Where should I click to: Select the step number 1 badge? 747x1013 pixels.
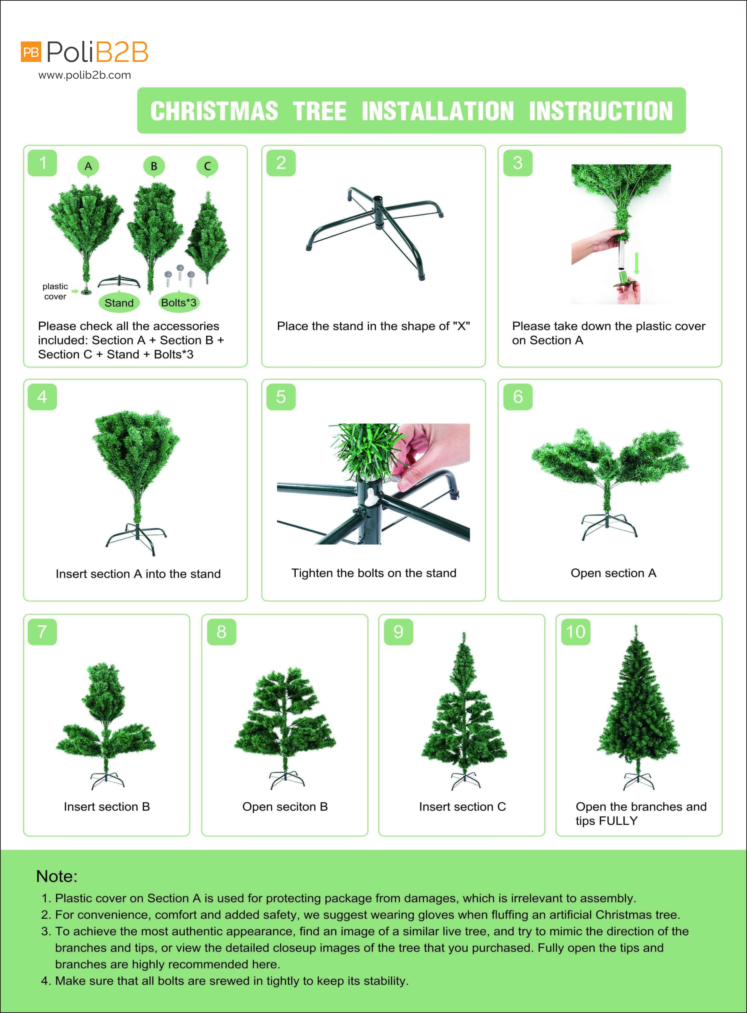pyautogui.click(x=42, y=163)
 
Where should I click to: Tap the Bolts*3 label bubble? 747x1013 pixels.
pyautogui.click(x=179, y=302)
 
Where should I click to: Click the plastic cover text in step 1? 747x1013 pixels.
pyautogui.click(x=55, y=291)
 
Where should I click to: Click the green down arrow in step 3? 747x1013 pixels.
pyautogui.click(x=637, y=264)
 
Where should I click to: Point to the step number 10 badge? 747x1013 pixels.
pyautogui.click(x=576, y=632)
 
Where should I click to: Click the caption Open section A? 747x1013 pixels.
pyautogui.click(x=613, y=573)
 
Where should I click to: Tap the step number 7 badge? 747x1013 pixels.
pyautogui.click(x=42, y=632)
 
